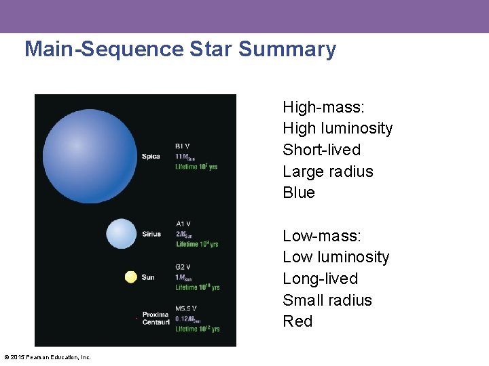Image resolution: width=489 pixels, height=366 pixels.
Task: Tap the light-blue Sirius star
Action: point(122,234)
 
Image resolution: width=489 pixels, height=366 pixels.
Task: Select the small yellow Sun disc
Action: point(131,277)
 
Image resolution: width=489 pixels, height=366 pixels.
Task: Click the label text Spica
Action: point(151,157)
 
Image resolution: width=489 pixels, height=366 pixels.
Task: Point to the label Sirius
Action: point(151,235)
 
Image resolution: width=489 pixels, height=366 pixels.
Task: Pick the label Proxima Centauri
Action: point(156,319)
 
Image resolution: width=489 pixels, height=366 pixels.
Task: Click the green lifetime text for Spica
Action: point(196,167)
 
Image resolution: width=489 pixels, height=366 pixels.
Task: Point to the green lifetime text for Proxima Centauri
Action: point(198,329)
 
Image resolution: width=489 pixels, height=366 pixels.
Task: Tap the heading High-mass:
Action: point(323,107)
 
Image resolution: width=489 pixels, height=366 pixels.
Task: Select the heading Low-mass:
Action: point(322,236)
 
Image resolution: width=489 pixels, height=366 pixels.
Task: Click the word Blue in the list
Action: point(299,192)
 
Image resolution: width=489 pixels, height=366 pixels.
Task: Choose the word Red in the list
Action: point(297,321)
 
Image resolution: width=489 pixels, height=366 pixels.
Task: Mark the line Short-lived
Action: point(321,150)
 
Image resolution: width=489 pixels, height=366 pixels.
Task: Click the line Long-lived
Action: point(320,279)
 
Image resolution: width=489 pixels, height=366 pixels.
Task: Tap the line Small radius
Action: point(327,300)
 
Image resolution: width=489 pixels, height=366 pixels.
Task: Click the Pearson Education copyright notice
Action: point(48,357)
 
